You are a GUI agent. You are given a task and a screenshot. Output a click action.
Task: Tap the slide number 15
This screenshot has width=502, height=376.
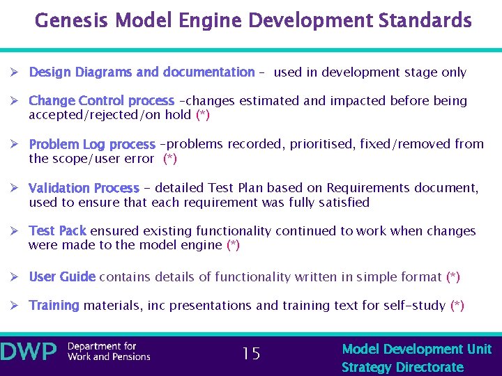point(251,354)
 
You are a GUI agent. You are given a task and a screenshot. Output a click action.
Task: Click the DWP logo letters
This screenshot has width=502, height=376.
point(29,352)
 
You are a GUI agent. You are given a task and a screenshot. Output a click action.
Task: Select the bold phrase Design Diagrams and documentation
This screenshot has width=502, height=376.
point(142,72)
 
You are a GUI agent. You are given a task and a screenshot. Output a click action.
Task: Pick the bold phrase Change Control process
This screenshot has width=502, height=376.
point(101,101)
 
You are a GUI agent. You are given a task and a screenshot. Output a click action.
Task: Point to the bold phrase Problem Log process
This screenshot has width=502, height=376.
point(91,145)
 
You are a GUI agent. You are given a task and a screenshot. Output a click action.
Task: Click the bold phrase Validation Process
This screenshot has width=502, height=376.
point(84,188)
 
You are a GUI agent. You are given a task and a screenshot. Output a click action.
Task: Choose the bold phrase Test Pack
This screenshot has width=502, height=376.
point(57,231)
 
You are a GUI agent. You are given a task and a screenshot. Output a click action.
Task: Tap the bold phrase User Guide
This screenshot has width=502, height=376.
point(62,277)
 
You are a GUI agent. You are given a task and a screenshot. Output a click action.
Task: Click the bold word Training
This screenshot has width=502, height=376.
point(54,306)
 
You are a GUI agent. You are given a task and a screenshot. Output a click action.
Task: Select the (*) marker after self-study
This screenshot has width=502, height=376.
point(457,306)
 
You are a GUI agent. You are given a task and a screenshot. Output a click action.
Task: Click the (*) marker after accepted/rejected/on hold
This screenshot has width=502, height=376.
point(203,115)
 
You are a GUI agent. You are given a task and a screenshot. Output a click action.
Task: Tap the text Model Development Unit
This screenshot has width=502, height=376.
point(417,349)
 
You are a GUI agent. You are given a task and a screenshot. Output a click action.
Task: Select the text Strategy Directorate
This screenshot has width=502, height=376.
point(402,367)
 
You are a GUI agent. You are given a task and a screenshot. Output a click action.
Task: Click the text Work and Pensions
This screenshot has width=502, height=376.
point(109,357)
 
